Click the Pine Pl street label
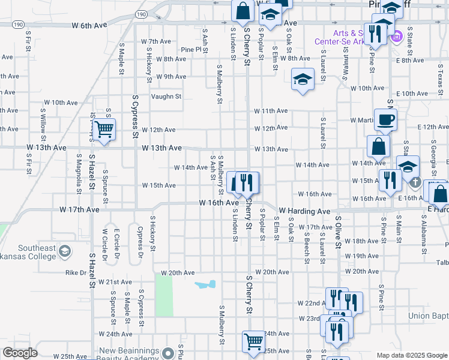[x=190, y=49]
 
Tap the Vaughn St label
[x=166, y=96]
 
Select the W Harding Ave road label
[x=304, y=211]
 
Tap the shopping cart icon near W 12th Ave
[x=104, y=128]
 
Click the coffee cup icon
[x=385, y=119]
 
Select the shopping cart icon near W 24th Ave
[x=254, y=340]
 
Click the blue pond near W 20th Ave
[x=205, y=284]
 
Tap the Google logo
[x=19, y=353]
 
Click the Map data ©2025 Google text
[x=412, y=355]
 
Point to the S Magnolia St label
[x=79, y=174]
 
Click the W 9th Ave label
[x=171, y=76]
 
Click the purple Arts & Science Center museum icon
[x=396, y=38]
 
